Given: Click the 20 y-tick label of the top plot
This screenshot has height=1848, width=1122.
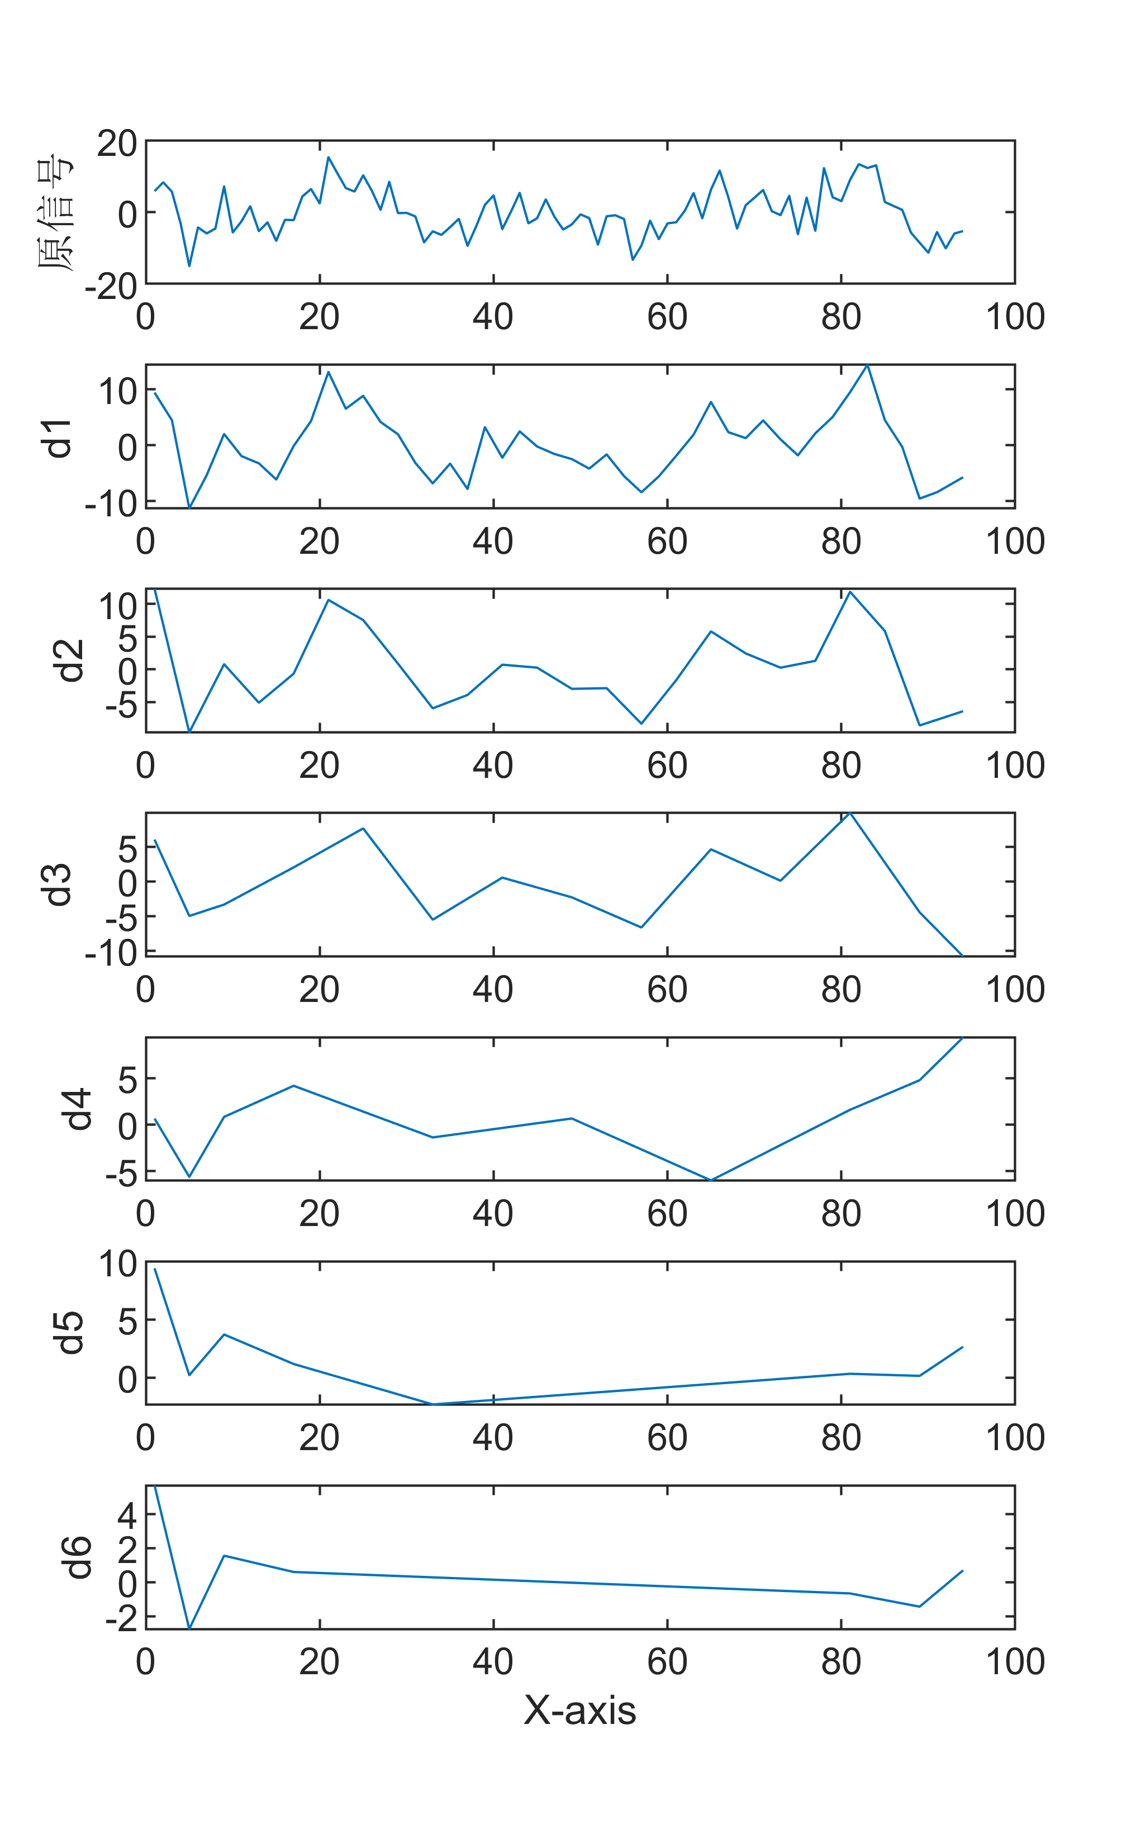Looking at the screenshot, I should [x=116, y=143].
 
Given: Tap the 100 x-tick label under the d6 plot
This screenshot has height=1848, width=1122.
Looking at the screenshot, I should [x=1014, y=1662].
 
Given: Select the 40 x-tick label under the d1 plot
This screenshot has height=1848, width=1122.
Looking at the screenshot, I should [x=493, y=541].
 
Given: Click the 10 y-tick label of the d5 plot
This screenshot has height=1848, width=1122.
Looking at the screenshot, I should [x=118, y=1265].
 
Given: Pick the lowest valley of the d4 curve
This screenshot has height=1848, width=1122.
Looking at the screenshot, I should [x=710, y=1180].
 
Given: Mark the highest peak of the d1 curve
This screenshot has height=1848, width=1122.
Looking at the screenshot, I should [x=867, y=365].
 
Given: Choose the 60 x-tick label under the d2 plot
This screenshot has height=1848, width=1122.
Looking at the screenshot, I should [x=667, y=765].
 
